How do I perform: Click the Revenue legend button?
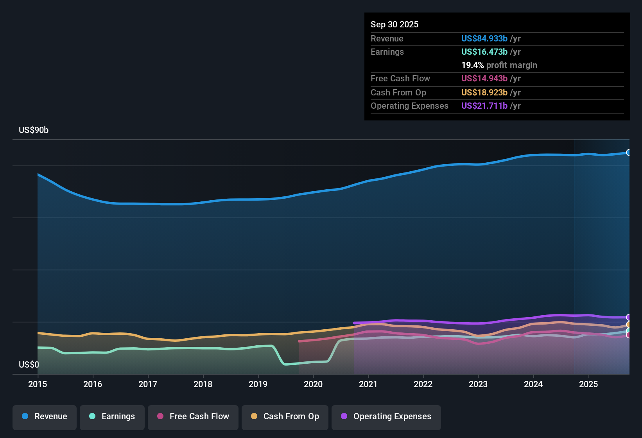click(x=45, y=416)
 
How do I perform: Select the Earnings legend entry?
click(x=112, y=416)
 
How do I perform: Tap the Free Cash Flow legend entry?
click(x=193, y=416)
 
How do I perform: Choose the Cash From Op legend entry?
click(x=285, y=416)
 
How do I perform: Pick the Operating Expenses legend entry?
click(x=386, y=416)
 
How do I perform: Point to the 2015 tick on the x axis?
click(x=38, y=384)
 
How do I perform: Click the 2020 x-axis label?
click(x=313, y=384)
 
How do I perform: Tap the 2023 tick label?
click(x=478, y=384)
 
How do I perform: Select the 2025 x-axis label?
click(x=588, y=384)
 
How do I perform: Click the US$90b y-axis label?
click(x=34, y=130)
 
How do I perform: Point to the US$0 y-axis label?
click(x=29, y=365)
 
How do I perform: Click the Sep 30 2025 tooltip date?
click(x=395, y=25)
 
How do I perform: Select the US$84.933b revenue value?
click(x=484, y=39)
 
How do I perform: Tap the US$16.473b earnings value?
click(x=484, y=52)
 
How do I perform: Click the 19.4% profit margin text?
click(x=499, y=65)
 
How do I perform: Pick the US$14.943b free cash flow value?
click(x=484, y=79)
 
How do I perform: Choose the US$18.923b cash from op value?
click(x=484, y=93)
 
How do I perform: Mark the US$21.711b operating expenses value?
click(x=484, y=106)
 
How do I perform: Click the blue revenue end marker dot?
click(x=628, y=153)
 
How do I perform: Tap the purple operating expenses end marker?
click(x=628, y=317)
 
